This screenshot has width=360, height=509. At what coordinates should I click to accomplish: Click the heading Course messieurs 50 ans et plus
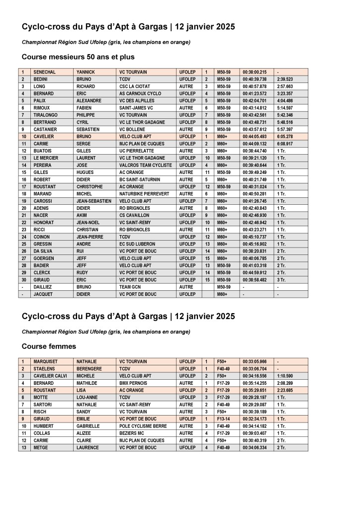pos(78,57)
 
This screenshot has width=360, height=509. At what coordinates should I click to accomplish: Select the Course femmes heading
pos(49,346)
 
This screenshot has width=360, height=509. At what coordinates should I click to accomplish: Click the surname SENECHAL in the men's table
pos(44,72)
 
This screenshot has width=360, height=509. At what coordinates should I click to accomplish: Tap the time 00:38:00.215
pos(255,72)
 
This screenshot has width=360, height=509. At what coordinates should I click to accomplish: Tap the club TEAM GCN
pos(130,287)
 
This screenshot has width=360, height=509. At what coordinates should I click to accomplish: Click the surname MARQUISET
pos(46,362)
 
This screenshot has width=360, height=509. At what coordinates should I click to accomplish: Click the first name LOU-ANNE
pos(88,398)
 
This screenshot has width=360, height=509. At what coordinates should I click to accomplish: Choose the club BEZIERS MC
pos(130,433)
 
